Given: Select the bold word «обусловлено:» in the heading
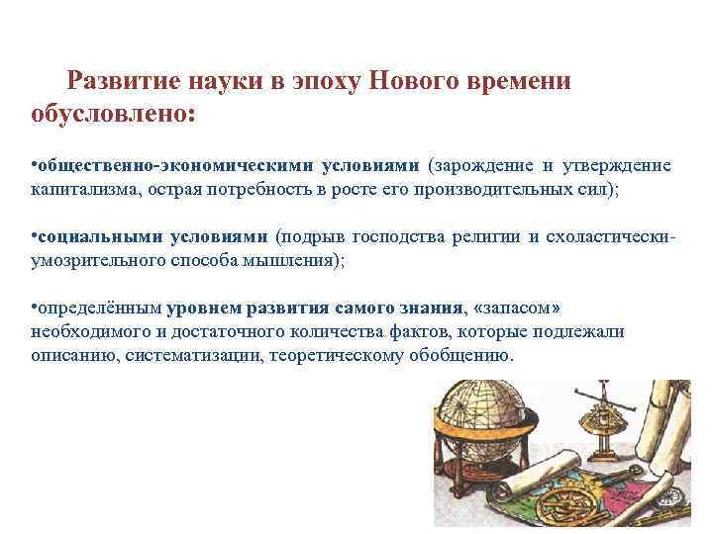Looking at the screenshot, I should pos(114,116).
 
